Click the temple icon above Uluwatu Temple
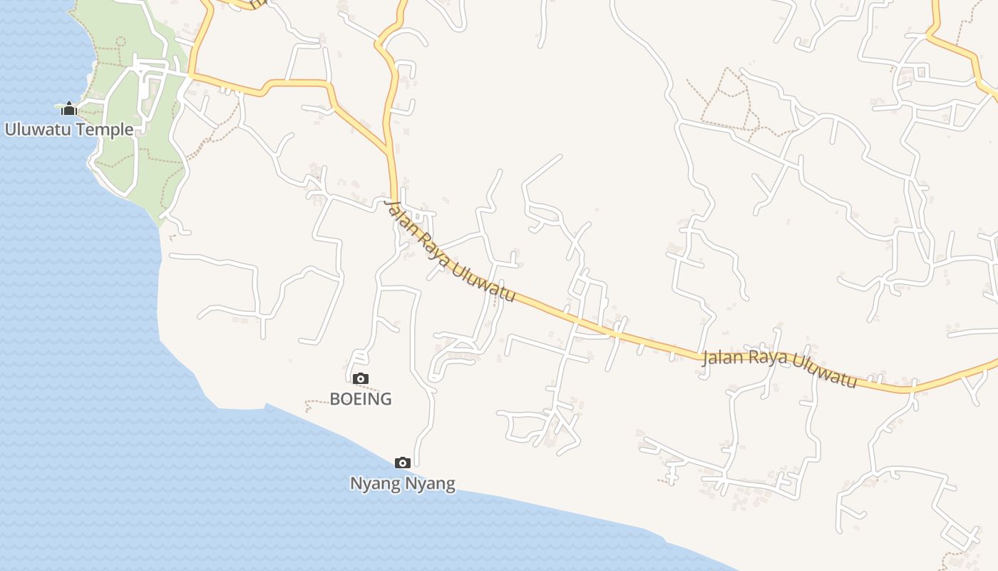coord(69,108)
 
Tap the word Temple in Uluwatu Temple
coord(107,129)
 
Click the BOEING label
coord(361,398)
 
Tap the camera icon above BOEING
coord(361,378)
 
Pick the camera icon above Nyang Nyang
coord(403,463)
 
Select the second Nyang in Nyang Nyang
coord(430,483)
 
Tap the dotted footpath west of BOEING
coord(317,403)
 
